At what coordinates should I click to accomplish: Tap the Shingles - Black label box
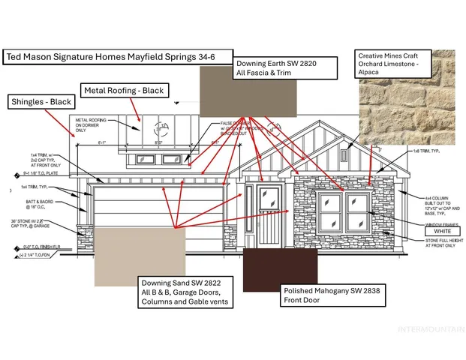coord(40,101)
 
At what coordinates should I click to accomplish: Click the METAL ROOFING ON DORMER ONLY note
coord(91,124)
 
